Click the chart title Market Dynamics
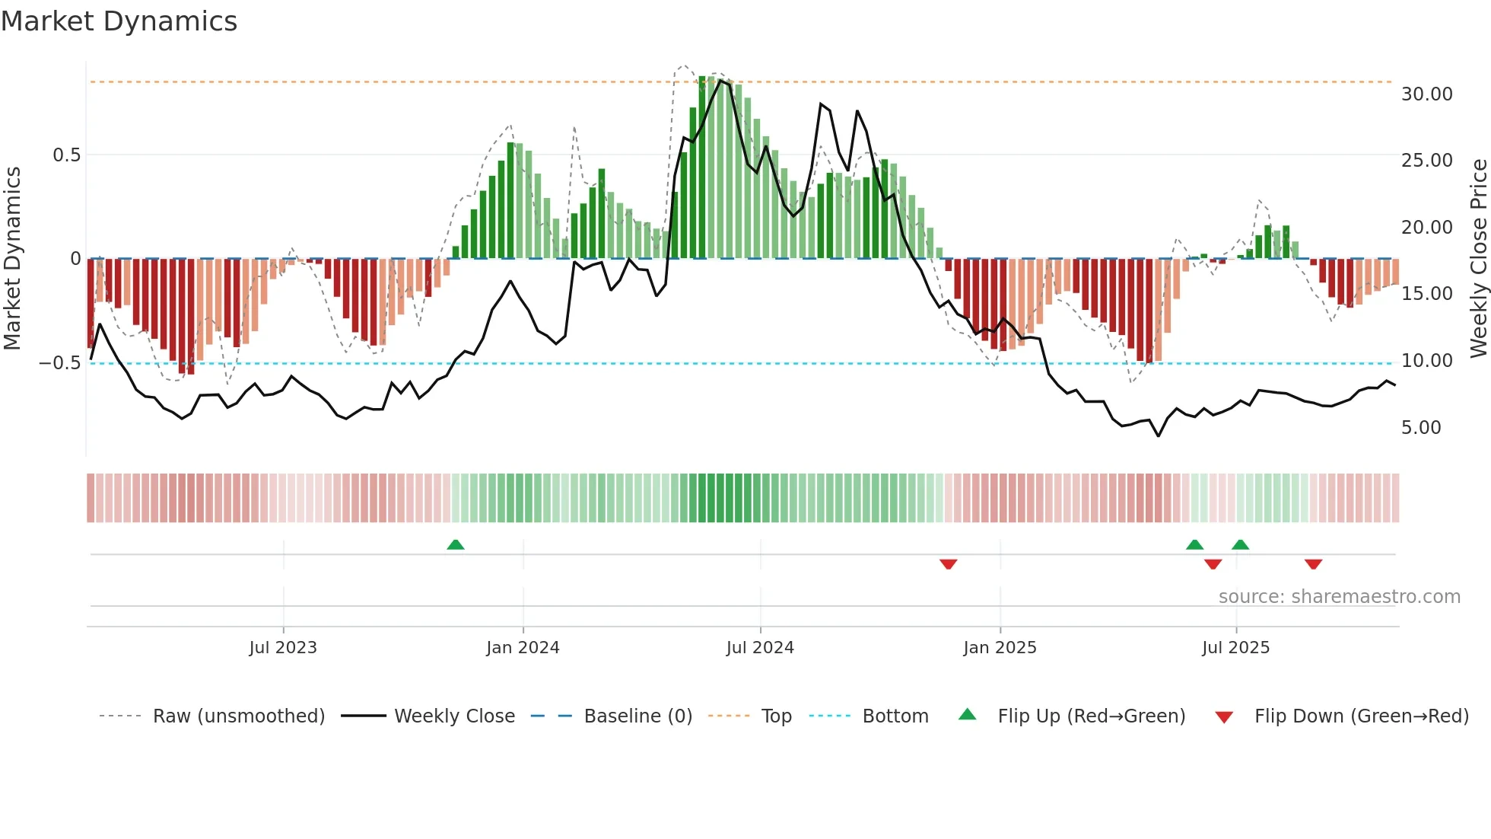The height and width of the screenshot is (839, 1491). coord(119,21)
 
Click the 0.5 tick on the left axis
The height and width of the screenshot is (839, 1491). coord(66,155)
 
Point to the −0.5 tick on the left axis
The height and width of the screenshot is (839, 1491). coord(60,363)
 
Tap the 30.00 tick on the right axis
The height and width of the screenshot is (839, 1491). coord(1426,94)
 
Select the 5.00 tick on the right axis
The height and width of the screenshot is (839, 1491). coord(1421,428)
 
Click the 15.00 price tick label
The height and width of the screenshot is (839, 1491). coord(1426,294)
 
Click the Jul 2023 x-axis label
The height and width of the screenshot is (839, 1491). coord(283,648)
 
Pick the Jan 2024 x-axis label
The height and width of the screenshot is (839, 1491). coord(523,648)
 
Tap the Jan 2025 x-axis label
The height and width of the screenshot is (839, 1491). coord(1000,648)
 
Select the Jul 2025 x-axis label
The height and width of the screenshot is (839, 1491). coord(1235,648)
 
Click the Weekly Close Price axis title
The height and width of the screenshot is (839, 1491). coord(1478,259)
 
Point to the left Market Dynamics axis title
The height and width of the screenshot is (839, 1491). coord(12,259)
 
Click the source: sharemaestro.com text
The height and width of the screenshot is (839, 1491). coord(1339,597)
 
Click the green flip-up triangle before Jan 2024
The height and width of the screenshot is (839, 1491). coord(456,545)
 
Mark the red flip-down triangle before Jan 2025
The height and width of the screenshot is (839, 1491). coord(948,563)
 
